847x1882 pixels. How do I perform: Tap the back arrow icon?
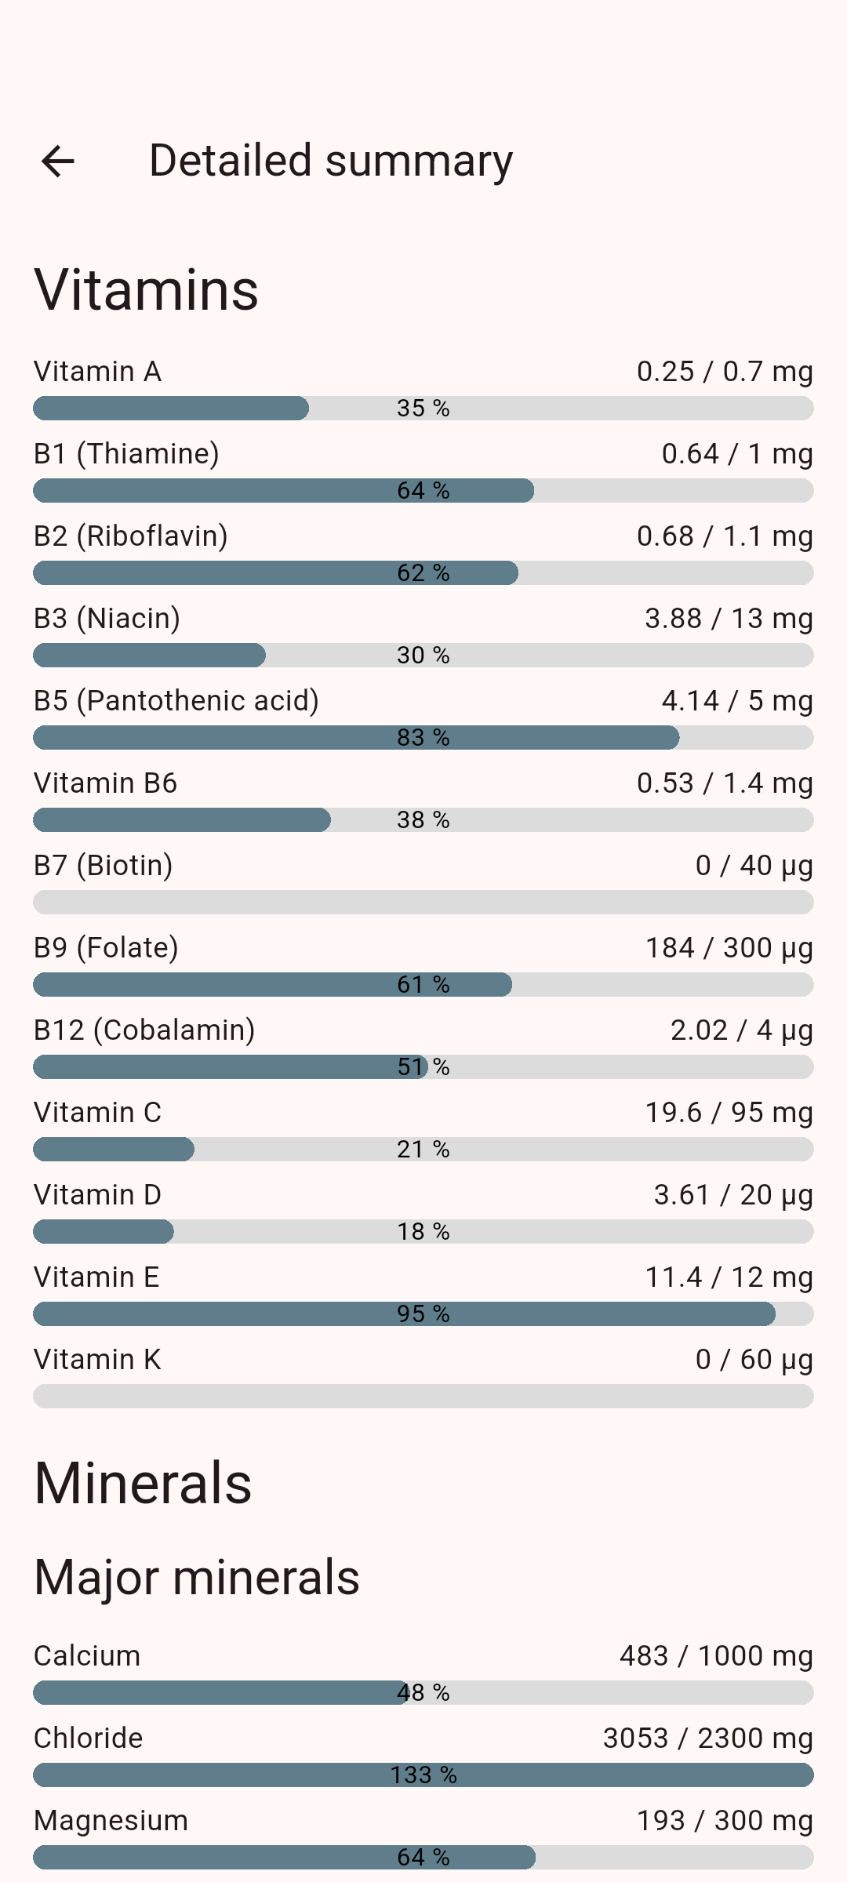[x=57, y=162]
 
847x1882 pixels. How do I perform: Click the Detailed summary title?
[x=331, y=162]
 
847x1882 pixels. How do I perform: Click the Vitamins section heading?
[x=147, y=289]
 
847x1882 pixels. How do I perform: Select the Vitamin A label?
[x=97, y=372]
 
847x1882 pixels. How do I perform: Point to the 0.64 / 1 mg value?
[x=737, y=454]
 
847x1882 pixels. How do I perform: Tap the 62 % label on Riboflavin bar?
[x=423, y=573]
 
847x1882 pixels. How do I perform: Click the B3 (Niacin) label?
[x=107, y=619]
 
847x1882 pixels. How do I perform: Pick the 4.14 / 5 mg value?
[x=737, y=701]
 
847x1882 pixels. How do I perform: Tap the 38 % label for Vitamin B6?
[x=423, y=820]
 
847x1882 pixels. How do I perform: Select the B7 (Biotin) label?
[x=104, y=866]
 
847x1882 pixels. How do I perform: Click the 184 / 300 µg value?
[x=729, y=948]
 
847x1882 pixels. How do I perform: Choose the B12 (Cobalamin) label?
[x=145, y=1030]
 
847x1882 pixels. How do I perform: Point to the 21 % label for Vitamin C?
[x=423, y=1150]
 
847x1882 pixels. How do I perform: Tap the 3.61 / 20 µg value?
[x=733, y=1195]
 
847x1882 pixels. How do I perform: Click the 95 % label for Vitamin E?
[x=423, y=1314]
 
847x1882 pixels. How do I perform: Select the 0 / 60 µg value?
[x=754, y=1360]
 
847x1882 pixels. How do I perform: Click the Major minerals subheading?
[x=197, y=1578]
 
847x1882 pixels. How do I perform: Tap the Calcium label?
[x=87, y=1656]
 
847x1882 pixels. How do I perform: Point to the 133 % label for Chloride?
[x=423, y=1775]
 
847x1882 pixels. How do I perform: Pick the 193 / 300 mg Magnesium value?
[x=725, y=1821]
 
